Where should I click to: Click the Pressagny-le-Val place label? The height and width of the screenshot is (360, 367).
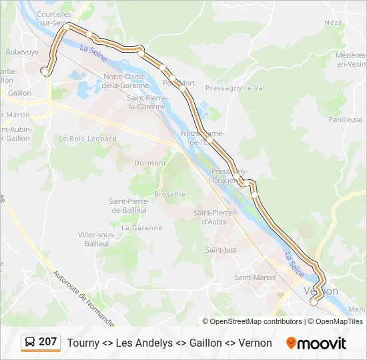pyautogui.click(x=235, y=87)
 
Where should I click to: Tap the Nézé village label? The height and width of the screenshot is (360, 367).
pyautogui.click(x=333, y=22)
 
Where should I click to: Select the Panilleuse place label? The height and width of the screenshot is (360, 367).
pyautogui.click(x=346, y=120)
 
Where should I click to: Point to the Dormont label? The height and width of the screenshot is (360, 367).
pyautogui.click(x=150, y=163)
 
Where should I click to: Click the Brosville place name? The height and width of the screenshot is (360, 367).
pyautogui.click(x=169, y=194)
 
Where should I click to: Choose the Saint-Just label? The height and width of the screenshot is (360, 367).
pyautogui.click(x=221, y=250)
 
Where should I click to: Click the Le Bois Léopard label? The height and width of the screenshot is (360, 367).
pyautogui.click(x=87, y=139)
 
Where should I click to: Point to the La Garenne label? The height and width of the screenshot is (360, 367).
pyautogui.click(x=141, y=227)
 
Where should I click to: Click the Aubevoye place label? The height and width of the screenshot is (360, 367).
pyautogui.click(x=23, y=51)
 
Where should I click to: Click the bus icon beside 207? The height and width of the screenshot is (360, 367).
pyautogui.click(x=30, y=343)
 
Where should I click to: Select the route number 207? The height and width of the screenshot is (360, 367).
pyautogui.click(x=48, y=342)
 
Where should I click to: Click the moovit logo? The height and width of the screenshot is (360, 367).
pyautogui.click(x=316, y=343)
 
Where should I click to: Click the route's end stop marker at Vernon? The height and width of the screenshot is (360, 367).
pyautogui.click(x=314, y=302)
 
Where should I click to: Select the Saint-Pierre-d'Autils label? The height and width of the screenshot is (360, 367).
pyautogui.click(x=215, y=217)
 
